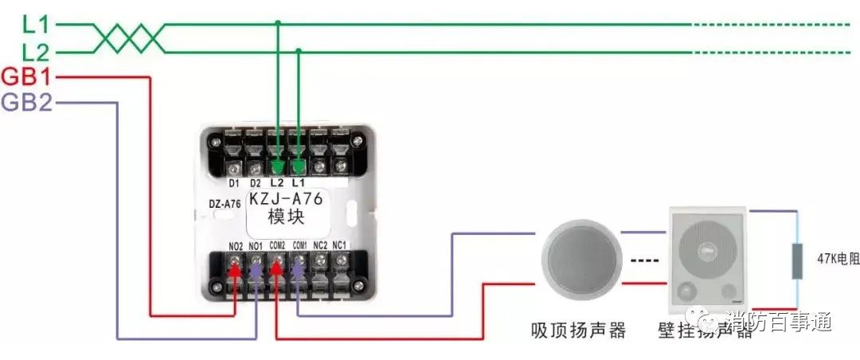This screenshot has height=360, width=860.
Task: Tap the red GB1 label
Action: point(26,77)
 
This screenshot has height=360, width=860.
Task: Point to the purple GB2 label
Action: point(26,103)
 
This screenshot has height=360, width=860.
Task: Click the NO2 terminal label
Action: point(236,246)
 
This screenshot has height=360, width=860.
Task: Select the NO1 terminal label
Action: point(256,246)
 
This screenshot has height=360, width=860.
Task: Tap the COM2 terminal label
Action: point(278,245)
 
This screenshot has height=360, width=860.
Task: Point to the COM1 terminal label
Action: point(299,245)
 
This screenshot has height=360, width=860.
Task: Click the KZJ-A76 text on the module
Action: point(285,198)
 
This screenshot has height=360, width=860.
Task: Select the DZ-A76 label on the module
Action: point(225,204)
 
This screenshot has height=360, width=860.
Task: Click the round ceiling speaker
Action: point(580,260)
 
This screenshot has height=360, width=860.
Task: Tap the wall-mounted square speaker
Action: point(706,260)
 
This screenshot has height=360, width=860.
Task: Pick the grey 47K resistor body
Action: point(796,260)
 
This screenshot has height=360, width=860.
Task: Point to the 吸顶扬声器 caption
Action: point(579,330)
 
